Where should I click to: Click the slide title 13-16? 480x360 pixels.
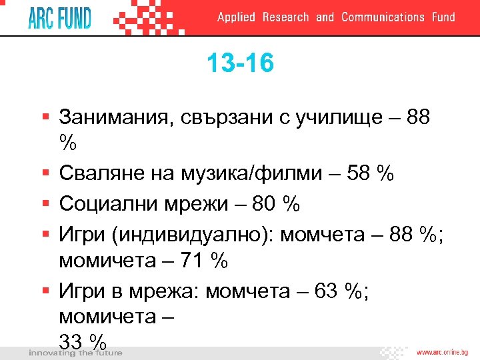[x=240, y=65]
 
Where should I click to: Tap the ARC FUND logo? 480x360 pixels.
[x=59, y=17]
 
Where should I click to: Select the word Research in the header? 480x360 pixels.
[x=285, y=17]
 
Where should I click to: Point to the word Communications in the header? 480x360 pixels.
[x=383, y=17]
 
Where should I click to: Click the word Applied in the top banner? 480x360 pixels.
[x=236, y=17]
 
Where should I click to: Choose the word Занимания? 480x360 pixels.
[x=117, y=118]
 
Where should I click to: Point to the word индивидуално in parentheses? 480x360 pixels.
[x=201, y=234]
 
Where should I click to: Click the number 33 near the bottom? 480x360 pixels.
[x=73, y=341]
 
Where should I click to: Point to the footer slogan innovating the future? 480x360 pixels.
[x=75, y=353]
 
